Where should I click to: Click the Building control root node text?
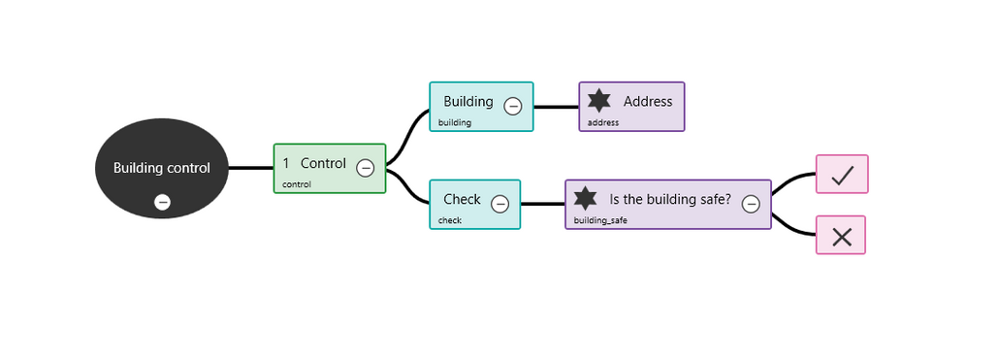tap(161, 168)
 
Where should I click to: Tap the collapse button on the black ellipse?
tap(163, 202)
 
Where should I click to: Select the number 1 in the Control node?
tap(286, 163)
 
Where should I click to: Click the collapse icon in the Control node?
tap(366, 168)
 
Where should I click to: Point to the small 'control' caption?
tap(297, 184)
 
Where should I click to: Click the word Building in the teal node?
tap(468, 101)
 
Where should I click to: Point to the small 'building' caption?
tap(454, 123)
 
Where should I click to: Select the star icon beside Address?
tap(600, 101)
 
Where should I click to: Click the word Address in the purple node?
tap(648, 101)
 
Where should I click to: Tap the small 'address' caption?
tap(603, 123)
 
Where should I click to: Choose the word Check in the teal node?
tap(462, 199)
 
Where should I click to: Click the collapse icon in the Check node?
tap(500, 204)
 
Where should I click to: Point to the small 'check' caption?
tap(450, 220)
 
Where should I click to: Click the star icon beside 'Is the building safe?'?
tap(585, 199)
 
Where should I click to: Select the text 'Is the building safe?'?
tap(670, 199)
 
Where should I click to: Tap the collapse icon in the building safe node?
tap(751, 204)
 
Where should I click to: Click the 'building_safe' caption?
tap(600, 221)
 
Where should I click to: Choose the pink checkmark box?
tap(842, 175)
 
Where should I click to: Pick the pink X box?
tap(841, 236)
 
